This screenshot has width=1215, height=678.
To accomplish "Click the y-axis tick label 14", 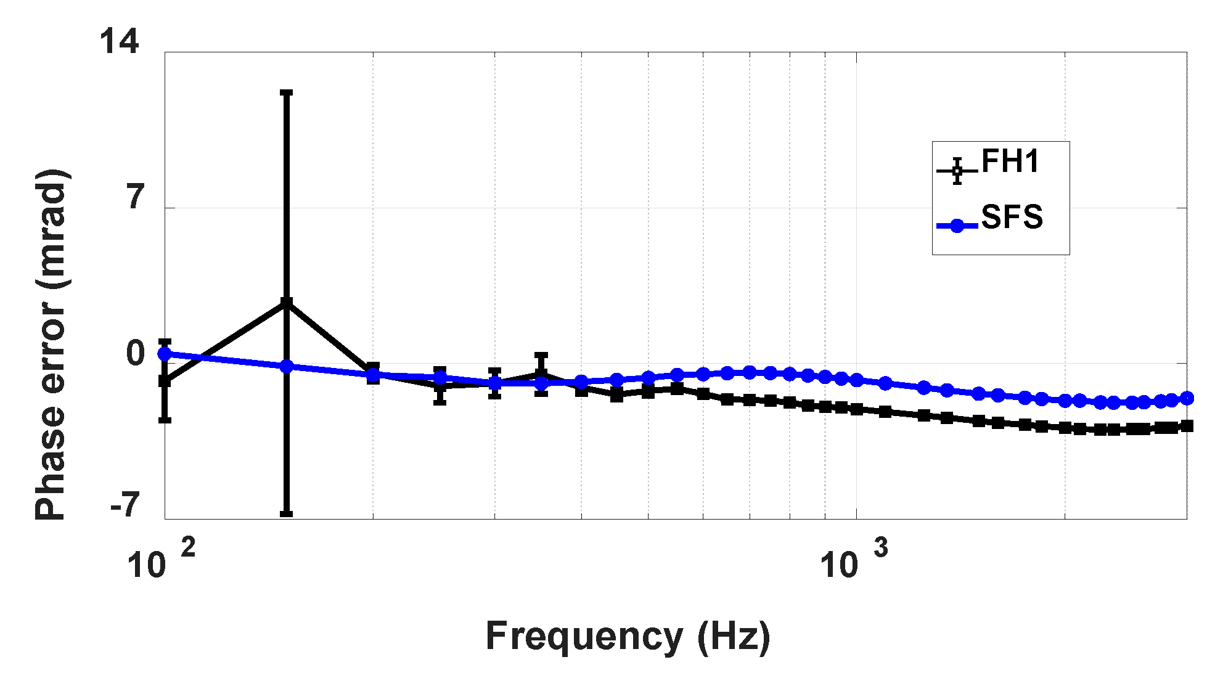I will point(119,43).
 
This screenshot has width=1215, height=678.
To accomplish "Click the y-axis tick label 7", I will point(136,198).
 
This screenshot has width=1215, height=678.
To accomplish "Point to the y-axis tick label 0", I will point(136,354).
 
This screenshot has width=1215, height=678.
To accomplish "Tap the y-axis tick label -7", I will point(126,505).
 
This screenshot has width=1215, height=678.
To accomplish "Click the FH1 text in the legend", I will point(1010,161).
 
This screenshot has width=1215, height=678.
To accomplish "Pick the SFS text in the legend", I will point(1012,217).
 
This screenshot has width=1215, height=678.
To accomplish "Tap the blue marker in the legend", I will point(957,226).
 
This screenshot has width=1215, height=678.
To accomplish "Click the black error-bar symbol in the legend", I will point(957,171).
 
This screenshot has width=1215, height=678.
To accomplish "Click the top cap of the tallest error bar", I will point(286,93).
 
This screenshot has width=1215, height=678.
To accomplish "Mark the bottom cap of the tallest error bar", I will point(286,513).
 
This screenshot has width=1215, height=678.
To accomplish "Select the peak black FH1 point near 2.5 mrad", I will point(286,303).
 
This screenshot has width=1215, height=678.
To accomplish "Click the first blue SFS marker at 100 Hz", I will point(165,354).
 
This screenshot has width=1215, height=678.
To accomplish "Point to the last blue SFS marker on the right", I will point(1187,399).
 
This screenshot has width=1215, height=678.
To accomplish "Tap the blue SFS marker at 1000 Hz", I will point(856,380).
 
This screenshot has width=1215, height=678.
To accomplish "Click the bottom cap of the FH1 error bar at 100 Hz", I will point(165,420).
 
